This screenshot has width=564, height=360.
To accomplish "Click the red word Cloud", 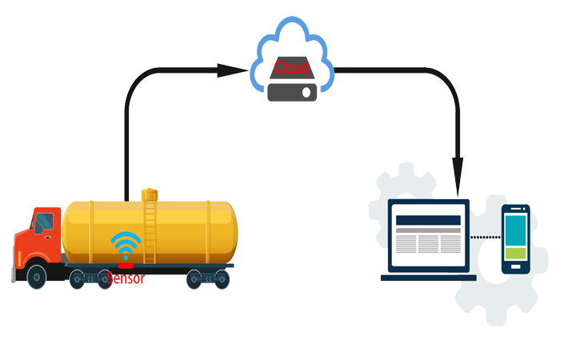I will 291,67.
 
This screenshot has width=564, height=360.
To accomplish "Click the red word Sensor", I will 127,278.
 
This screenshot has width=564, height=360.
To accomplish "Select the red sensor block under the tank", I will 126,265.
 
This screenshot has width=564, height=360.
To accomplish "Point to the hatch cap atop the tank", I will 150,194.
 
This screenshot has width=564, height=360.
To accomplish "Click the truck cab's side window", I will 44,222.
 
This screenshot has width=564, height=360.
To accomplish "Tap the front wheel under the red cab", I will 36,277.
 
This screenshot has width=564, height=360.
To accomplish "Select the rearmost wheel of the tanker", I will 222,279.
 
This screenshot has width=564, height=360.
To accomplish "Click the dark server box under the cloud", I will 292,92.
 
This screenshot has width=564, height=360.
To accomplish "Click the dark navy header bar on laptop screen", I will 429,220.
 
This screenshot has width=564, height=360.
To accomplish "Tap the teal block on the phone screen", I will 516,230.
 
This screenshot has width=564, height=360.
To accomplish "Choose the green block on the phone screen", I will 516,254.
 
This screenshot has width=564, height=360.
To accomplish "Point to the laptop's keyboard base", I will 428,278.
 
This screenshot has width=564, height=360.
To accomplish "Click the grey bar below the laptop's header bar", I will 429,230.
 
